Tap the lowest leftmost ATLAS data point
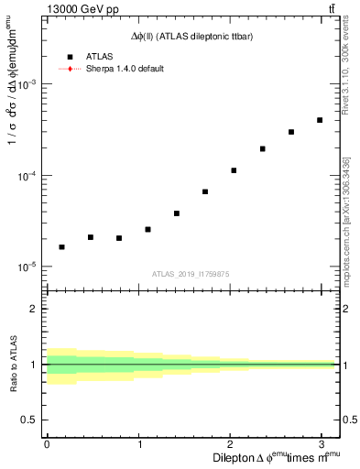click(61, 247)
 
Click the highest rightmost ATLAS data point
click(320, 120)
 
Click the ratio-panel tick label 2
click(32, 309)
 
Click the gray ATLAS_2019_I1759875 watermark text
click(190, 272)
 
